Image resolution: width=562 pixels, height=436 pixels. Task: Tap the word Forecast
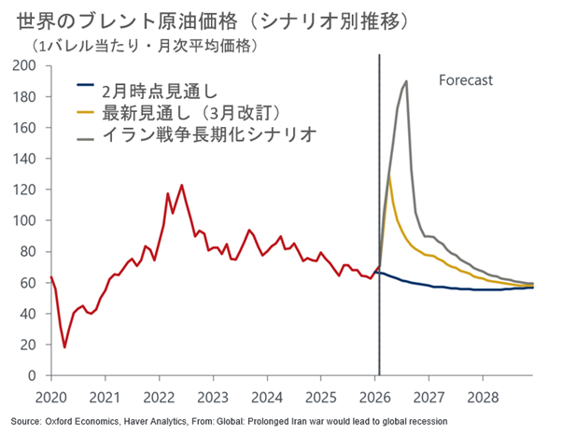465,81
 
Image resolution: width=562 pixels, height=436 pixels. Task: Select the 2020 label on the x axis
51,395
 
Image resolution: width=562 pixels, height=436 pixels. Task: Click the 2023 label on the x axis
214,395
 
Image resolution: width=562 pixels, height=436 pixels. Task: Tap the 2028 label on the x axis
484,395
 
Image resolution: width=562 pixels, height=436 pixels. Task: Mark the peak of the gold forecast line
389,176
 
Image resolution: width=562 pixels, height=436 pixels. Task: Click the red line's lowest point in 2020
65,347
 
